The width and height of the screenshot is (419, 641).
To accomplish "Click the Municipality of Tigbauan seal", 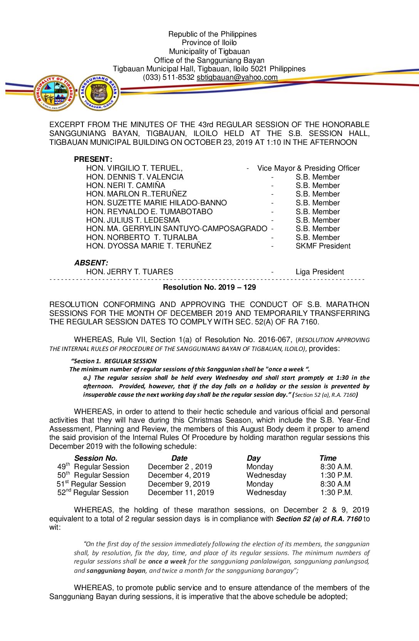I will point(54,93).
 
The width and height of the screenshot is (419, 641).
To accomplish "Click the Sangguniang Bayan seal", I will point(99,93).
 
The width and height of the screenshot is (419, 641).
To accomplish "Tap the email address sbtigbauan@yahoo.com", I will point(237,77).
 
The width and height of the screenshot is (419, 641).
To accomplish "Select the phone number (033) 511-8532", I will point(169,77).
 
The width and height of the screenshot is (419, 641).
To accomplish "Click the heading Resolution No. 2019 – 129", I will point(209,287).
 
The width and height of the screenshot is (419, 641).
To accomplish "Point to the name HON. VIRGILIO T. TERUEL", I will point(134,168).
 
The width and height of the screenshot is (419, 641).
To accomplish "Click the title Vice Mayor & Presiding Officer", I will point(308,168).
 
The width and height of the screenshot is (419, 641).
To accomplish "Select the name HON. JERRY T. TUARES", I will point(130,272).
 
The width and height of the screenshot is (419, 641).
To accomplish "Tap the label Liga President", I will point(320,272).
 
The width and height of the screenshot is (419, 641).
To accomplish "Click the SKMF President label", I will point(323,246).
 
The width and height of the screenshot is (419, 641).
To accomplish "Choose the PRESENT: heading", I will point(93,159).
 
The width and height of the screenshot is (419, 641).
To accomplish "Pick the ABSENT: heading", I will point(91,263).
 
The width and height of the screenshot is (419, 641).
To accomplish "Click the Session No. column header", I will point(96,458).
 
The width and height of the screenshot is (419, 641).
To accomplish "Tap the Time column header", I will point(328,458).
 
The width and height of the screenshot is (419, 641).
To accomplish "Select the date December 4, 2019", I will point(179,476).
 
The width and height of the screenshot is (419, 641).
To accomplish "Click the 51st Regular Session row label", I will point(91,484).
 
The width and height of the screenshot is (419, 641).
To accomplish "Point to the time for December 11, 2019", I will point(336,493).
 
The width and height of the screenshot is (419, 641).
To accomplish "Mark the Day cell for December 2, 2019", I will point(260,467).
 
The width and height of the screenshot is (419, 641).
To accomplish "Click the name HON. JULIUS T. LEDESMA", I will point(133,220).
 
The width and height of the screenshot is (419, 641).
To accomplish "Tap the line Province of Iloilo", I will point(209,43).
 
